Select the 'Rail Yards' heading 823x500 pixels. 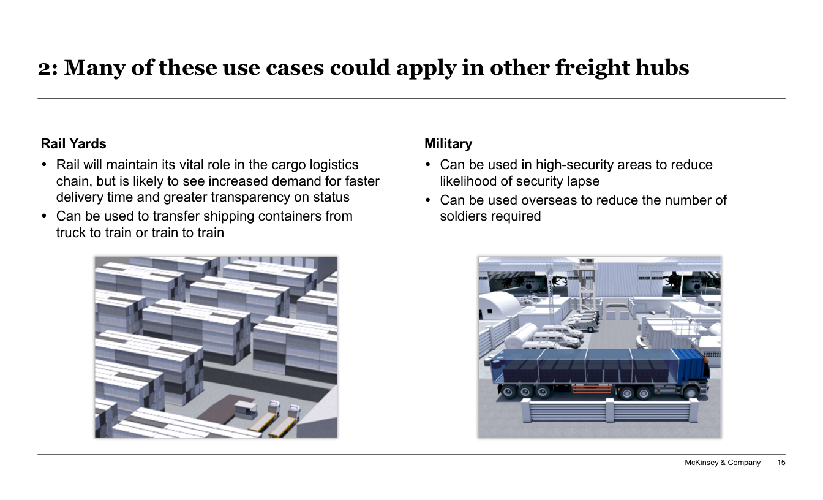tap(73, 144)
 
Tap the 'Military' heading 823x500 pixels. tap(448, 144)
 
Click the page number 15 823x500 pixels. tap(781, 463)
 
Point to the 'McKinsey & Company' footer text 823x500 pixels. tap(723, 463)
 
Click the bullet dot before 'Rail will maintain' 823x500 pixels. tap(45, 165)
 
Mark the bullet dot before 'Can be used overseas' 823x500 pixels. tap(427, 200)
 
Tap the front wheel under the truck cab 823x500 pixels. tap(691, 392)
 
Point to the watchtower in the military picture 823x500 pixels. tap(586, 287)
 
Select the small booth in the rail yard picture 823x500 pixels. tap(245, 409)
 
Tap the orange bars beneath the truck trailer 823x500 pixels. tap(592, 388)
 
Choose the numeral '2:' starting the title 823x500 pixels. tap(48, 69)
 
